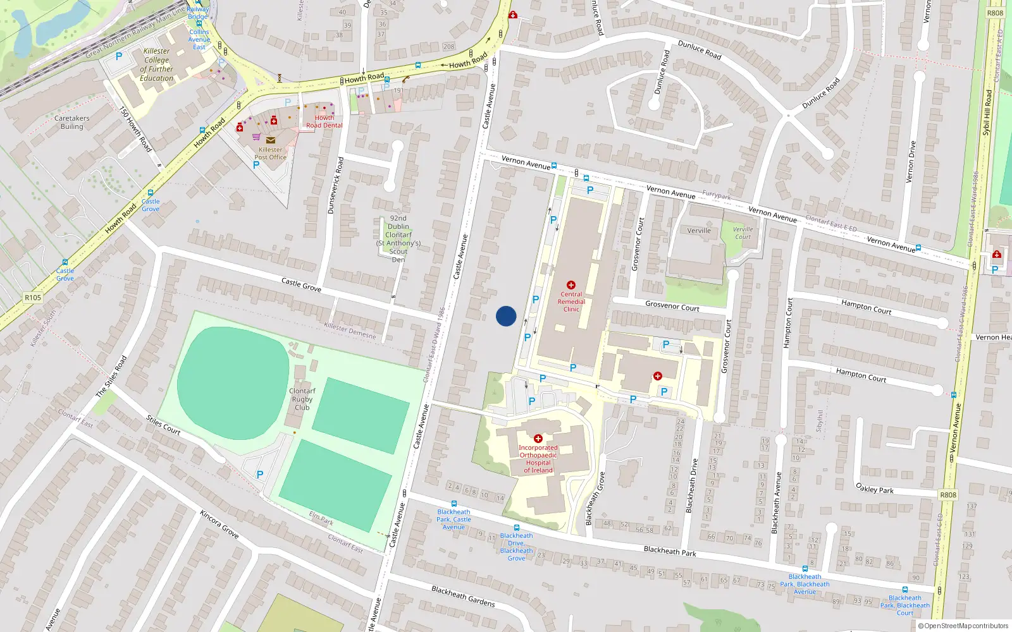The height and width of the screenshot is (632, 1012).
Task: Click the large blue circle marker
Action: click(x=506, y=316)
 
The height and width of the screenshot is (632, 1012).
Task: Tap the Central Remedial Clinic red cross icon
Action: click(x=571, y=285)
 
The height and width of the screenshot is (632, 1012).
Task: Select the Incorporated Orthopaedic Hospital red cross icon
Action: click(x=538, y=439)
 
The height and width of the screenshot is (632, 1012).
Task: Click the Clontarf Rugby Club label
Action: click(x=302, y=399)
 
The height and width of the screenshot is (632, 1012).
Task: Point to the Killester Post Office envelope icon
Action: click(x=271, y=140)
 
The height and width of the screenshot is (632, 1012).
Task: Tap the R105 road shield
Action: click(x=33, y=298)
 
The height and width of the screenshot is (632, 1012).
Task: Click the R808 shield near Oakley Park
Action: click(x=947, y=495)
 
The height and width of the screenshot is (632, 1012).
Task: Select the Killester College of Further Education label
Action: click(x=156, y=65)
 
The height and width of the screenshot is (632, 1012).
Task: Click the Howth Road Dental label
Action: click(x=324, y=121)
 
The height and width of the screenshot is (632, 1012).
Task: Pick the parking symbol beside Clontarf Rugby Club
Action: click(x=260, y=475)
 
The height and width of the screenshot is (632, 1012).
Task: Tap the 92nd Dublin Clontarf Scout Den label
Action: click(x=398, y=239)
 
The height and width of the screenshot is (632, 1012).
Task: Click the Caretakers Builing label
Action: click(x=71, y=123)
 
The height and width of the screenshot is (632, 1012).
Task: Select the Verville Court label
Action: click(x=743, y=233)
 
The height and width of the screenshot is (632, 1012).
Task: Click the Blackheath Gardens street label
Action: click(x=463, y=596)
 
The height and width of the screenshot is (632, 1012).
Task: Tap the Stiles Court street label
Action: click(x=163, y=425)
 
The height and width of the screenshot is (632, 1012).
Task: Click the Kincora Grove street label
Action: click(x=219, y=524)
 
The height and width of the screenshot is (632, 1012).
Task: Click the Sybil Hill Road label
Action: click(x=987, y=112)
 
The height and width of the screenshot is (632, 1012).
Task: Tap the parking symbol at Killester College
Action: click(x=118, y=56)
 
